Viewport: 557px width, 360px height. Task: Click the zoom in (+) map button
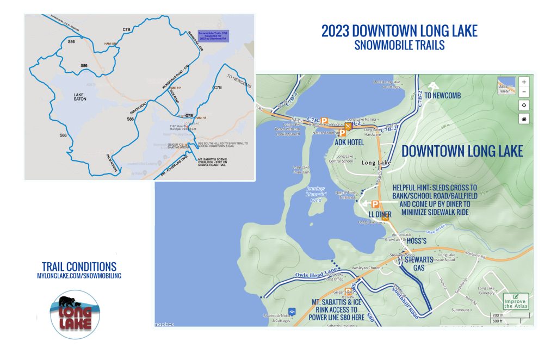pyautogui.click(x=524, y=81)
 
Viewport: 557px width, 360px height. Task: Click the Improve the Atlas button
pyautogui.click(x=515, y=301)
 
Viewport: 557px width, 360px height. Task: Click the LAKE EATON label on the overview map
pyautogui.click(x=72, y=97)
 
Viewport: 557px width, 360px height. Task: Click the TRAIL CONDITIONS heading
pyautogui.click(x=79, y=266)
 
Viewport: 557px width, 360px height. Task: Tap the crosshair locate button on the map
pyautogui.click(x=524, y=105)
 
